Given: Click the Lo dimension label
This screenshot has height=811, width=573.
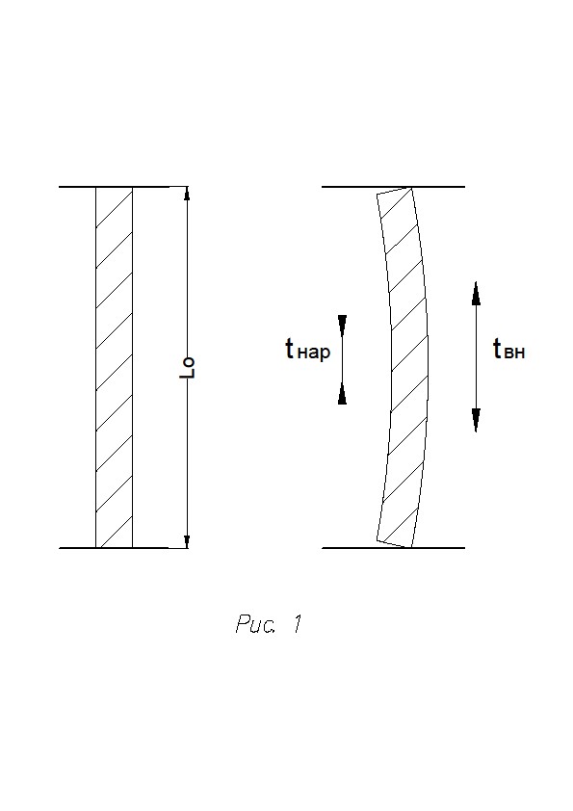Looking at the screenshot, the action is point(187,367).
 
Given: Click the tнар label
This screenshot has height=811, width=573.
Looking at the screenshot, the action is point(308,350).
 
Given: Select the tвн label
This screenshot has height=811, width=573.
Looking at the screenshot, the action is point(509,350).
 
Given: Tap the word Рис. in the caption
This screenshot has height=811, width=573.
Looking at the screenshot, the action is point(255,624).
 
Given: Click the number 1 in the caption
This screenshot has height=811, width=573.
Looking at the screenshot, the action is point(297,624).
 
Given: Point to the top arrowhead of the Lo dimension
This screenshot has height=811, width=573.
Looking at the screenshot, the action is point(187,193).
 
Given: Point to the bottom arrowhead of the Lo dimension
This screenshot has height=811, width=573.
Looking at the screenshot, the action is point(187,541).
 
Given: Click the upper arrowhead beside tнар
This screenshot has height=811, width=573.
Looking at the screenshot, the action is point(342,324).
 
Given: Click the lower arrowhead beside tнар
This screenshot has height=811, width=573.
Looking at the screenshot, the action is point(342,395).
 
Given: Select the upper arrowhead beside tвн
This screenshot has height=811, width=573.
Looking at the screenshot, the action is point(476,293).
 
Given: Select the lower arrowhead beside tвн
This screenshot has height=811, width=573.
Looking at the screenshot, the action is point(476,420).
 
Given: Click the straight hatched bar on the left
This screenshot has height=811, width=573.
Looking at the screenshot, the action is point(115,367).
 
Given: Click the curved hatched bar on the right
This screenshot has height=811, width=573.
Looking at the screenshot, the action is point(409,367).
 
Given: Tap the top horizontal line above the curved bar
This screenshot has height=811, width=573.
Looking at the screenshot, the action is point(394,187).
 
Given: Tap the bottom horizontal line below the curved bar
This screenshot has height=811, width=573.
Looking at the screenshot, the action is point(394,548).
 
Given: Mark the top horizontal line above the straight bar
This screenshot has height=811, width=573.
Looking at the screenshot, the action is point(123,187).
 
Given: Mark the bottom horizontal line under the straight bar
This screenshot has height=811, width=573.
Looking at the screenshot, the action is point(123,548).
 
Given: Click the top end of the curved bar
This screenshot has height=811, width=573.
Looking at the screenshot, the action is point(395,191).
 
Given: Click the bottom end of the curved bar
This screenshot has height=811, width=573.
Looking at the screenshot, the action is point(395,543).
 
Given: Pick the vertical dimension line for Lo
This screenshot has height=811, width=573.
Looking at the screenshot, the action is point(187,367).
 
